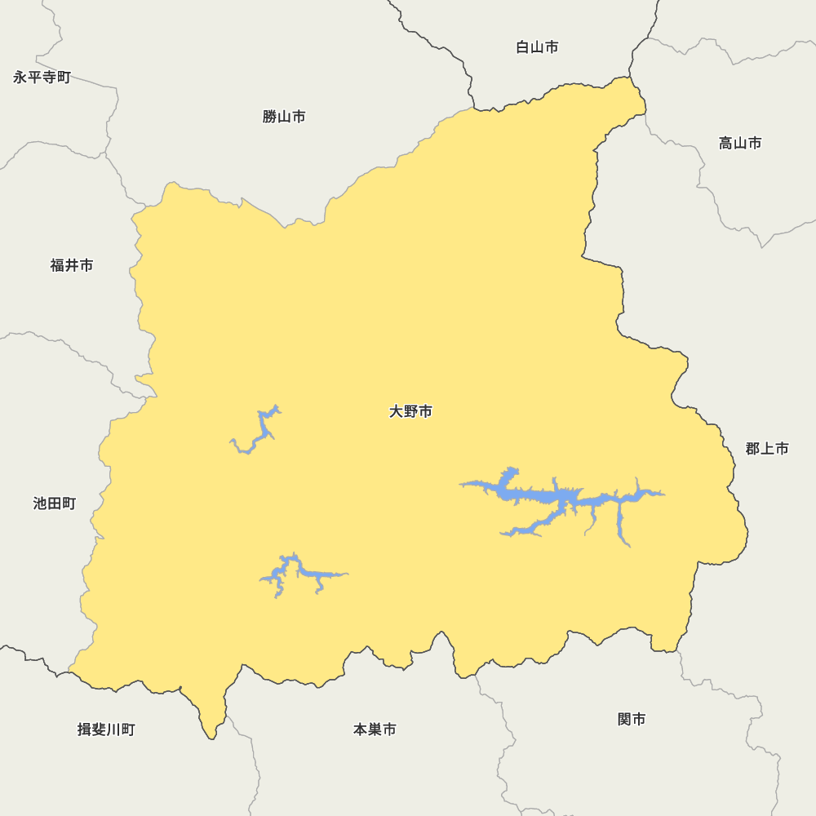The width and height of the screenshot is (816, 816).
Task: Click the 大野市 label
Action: click(x=410, y=412)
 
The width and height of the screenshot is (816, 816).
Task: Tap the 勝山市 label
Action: click(x=284, y=117)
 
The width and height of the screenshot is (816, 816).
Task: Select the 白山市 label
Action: click(x=537, y=47)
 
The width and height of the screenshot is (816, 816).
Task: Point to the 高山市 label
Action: click(x=740, y=144)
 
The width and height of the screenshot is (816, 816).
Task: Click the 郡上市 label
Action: click(x=767, y=449)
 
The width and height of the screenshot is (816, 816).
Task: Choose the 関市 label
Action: click(x=632, y=720)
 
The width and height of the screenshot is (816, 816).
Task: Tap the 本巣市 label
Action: click(x=375, y=730)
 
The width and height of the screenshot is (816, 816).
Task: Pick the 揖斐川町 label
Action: click(x=106, y=730)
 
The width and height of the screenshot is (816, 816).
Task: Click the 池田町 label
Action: click(x=55, y=503)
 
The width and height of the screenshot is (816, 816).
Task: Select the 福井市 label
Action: click(x=72, y=265)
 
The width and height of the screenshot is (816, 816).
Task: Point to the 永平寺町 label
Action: click(x=42, y=78)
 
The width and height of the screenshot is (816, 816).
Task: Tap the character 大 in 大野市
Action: click(x=397, y=412)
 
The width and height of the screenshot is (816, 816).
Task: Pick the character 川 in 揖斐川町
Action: click(x=113, y=730)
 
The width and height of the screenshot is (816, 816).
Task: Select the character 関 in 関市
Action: click(x=624, y=720)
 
